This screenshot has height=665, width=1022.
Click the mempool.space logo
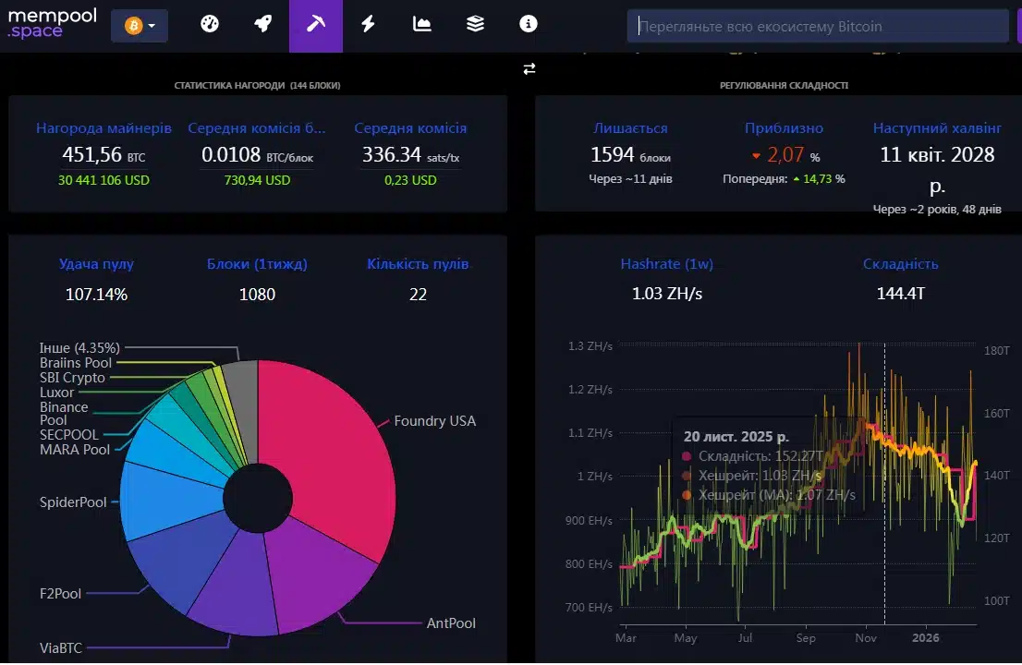tap(52, 23)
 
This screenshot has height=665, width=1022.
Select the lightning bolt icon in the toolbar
tap(369, 24)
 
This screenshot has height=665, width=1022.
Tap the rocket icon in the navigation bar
tap(262, 24)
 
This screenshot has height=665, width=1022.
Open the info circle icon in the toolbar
tap(528, 24)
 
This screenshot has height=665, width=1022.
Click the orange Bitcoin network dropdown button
tap(140, 26)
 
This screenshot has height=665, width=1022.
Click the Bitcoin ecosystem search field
tap(818, 26)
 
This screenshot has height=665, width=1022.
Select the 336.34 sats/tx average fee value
tap(410, 155)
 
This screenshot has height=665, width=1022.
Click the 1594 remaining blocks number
tap(612, 155)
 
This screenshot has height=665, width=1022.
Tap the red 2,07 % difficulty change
tap(785, 155)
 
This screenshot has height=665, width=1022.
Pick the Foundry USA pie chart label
tap(434, 421)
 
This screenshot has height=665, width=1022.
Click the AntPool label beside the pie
tap(451, 623)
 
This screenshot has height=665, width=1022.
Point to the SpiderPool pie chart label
tap(73, 502)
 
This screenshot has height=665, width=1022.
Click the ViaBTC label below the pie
tap(61, 648)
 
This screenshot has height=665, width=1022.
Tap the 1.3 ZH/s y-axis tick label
tap(590, 345)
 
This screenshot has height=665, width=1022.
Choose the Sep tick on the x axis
tap(806, 637)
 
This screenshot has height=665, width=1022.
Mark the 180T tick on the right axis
tap(996, 350)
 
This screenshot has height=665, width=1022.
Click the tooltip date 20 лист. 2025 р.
tap(736, 436)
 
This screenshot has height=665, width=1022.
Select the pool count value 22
tap(418, 295)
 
